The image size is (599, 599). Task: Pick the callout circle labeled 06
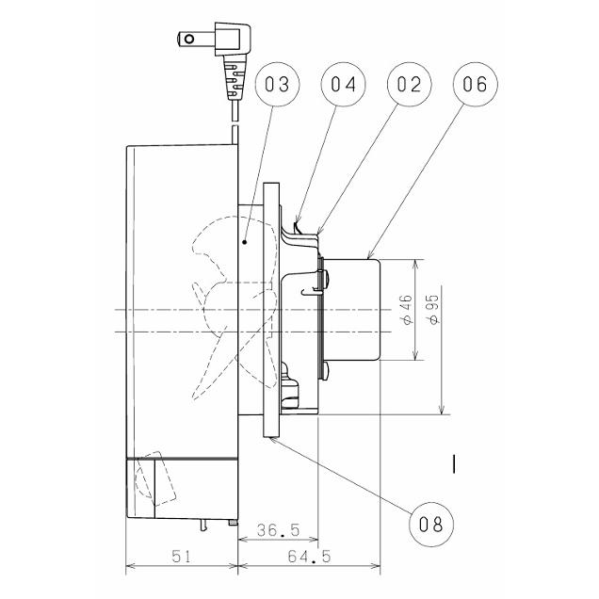click(476, 84)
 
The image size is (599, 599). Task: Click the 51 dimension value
click(181, 557)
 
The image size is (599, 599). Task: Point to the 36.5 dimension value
click(278, 530)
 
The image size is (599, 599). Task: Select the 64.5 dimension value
click(309, 557)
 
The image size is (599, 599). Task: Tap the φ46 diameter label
click(407, 310)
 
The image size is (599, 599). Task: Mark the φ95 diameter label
click(433, 310)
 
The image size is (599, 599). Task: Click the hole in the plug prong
click(189, 39)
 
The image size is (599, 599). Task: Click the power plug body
click(233, 39)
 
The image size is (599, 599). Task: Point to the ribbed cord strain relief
click(233, 77)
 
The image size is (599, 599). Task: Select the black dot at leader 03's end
click(245, 242)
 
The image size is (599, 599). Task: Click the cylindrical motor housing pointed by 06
click(351, 310)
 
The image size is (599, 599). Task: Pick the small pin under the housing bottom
click(203, 526)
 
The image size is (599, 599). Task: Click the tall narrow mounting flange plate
click(271, 310)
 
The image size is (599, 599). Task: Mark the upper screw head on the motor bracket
click(326, 279)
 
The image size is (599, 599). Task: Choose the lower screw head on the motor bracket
click(326, 371)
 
